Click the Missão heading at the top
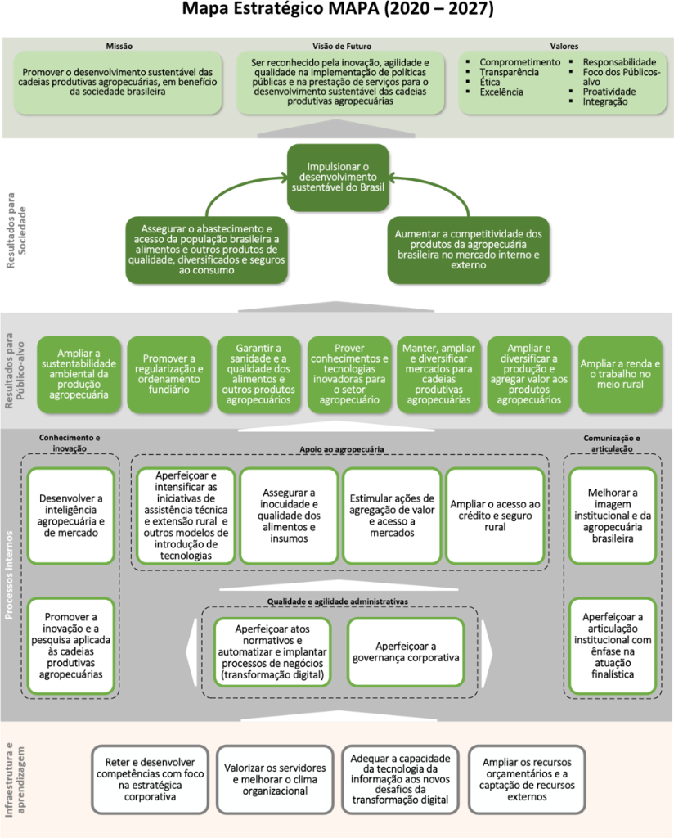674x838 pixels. [x=119, y=46]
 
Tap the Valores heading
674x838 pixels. [x=564, y=46]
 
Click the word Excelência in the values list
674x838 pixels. [x=501, y=92]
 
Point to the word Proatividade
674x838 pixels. [x=609, y=92]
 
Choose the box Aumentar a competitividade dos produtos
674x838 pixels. [x=469, y=249]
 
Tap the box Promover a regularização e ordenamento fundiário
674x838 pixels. [x=169, y=374]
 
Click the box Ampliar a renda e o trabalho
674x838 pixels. [x=620, y=374]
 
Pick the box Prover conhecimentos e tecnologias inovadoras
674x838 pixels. [x=350, y=374]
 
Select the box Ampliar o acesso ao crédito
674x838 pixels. [x=494, y=516]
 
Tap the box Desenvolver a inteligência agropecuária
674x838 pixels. [x=70, y=516]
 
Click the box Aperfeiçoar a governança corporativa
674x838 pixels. [x=406, y=651]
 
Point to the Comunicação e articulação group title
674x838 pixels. [x=612, y=443]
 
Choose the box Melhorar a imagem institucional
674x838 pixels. [x=612, y=516]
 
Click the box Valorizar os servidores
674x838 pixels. [x=275, y=780]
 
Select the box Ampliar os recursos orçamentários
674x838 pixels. [x=526, y=780]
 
